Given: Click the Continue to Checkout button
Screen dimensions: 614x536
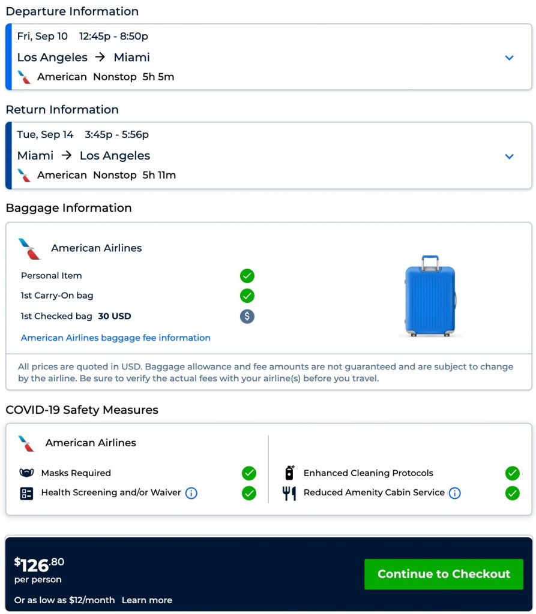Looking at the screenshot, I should click(444, 574).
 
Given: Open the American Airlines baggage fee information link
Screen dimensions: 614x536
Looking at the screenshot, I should click(116, 338).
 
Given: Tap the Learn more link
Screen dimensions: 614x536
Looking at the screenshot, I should click(147, 600).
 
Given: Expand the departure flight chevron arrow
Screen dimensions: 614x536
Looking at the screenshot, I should click(510, 58).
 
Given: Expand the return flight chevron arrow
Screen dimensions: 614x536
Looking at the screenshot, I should click(510, 156).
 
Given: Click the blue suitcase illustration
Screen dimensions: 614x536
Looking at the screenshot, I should click(430, 296).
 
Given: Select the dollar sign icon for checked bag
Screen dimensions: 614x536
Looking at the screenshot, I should click(247, 316).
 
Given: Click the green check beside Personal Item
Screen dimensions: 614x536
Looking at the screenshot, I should click(247, 276).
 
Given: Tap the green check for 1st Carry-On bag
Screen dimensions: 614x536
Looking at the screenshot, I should click(247, 296).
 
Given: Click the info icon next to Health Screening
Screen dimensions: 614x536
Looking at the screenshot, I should click(191, 493).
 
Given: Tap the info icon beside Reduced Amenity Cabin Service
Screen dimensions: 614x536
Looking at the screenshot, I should click(455, 493).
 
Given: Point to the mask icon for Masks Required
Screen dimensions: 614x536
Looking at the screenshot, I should click(26, 473).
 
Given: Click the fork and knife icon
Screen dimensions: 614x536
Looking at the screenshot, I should click(289, 493).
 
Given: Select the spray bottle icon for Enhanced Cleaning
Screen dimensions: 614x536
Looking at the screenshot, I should click(289, 472).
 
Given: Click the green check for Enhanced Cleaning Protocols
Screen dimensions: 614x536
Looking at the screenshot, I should click(512, 473).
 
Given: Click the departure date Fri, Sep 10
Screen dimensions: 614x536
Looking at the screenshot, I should click(43, 37).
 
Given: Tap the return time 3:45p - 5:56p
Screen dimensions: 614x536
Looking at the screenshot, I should click(116, 135).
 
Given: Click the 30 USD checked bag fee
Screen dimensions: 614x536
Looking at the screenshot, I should click(115, 316).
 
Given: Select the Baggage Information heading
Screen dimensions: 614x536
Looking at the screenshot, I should click(68, 208).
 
